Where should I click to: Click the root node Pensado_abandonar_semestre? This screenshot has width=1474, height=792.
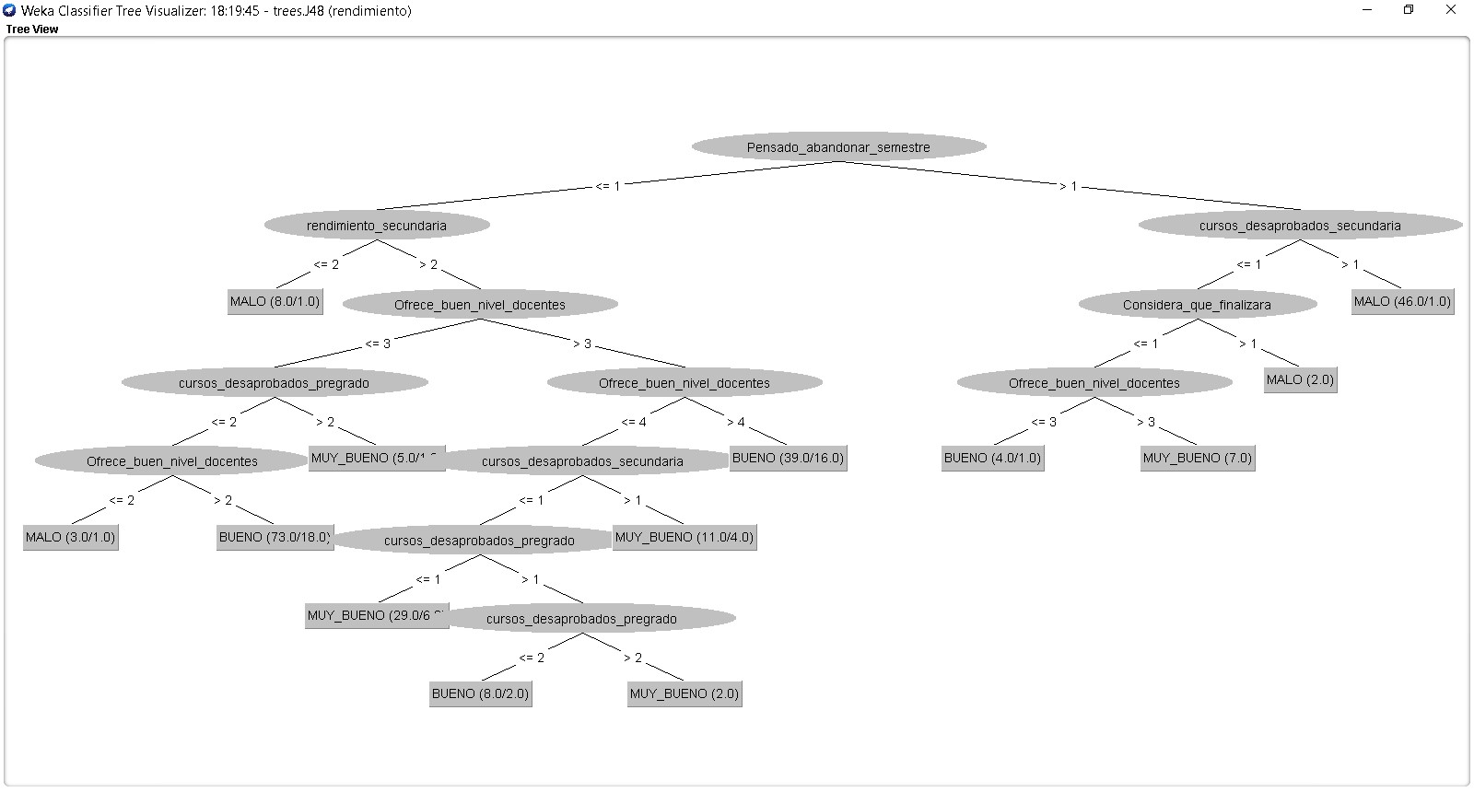coord(838,147)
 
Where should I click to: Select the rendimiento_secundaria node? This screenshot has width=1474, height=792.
coord(376,226)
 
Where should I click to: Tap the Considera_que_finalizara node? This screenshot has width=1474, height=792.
coord(1197,305)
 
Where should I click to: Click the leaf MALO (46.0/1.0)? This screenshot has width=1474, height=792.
coord(1402,301)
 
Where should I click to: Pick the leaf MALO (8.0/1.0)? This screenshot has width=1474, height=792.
coord(275,301)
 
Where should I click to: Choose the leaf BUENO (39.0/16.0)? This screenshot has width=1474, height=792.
coord(788,458)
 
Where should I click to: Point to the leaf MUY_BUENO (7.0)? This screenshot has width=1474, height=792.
coord(1197,458)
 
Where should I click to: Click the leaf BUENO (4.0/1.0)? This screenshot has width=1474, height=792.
coord(992,458)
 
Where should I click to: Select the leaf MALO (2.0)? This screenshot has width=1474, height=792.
coord(1300,379)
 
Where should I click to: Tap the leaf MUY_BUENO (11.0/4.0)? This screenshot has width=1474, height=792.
coord(684,537)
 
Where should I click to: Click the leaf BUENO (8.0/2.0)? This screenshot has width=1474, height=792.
coord(480,693)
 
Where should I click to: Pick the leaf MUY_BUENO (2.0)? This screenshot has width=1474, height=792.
coord(684,693)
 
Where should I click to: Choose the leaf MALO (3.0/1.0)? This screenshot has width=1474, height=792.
coord(70,537)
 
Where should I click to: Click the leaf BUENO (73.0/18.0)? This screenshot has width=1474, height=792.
coord(275,537)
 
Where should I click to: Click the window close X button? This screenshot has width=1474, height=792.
coord(1450,10)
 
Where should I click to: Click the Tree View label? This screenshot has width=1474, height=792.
coord(32,29)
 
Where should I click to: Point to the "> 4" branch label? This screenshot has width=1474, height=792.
coord(735,423)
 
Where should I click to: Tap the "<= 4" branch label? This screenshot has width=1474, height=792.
coord(634,423)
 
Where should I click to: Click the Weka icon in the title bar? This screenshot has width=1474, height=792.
coord(9,10)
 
